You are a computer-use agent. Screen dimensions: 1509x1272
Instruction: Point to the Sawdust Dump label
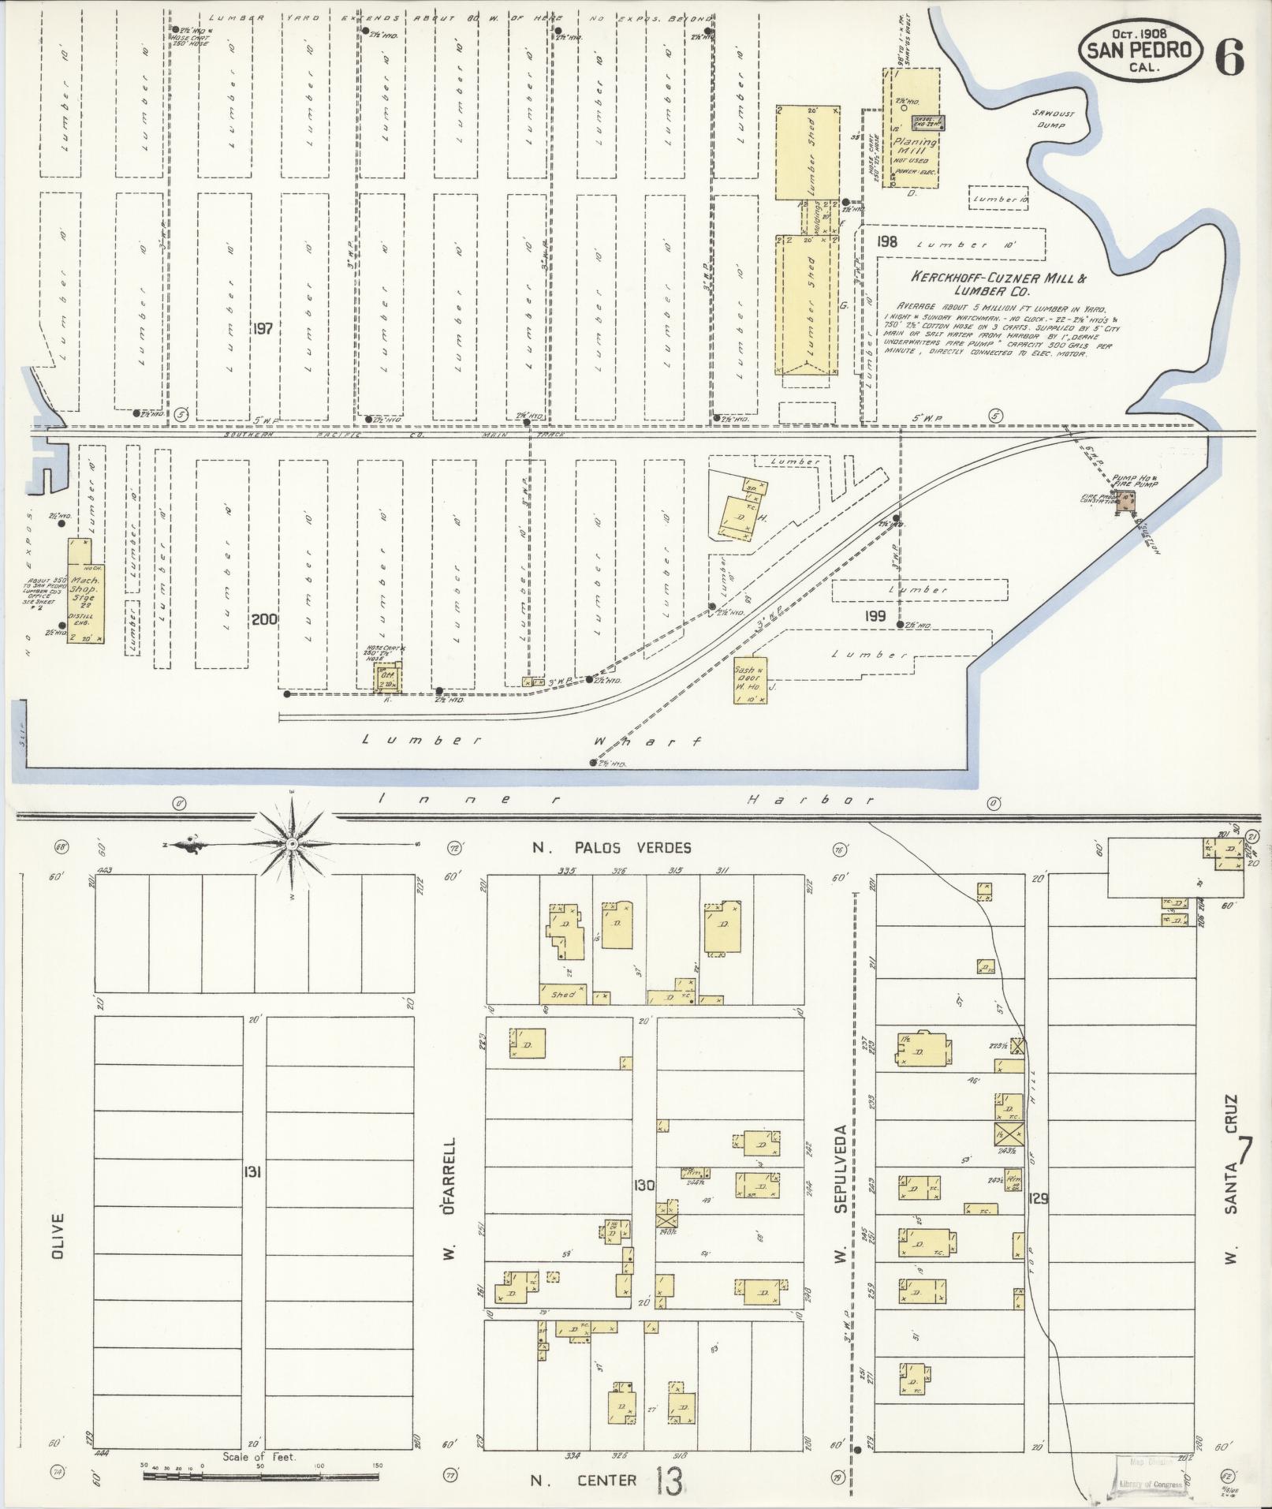click(x=1050, y=119)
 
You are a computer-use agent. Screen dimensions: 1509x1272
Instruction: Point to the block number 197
click(x=262, y=328)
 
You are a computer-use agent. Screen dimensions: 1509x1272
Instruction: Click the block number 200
click(x=263, y=619)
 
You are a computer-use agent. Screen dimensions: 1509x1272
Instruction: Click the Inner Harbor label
click(x=627, y=800)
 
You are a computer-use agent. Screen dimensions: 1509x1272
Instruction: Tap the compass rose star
click(x=293, y=845)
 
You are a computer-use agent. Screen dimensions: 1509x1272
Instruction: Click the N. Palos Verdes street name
click(x=610, y=848)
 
